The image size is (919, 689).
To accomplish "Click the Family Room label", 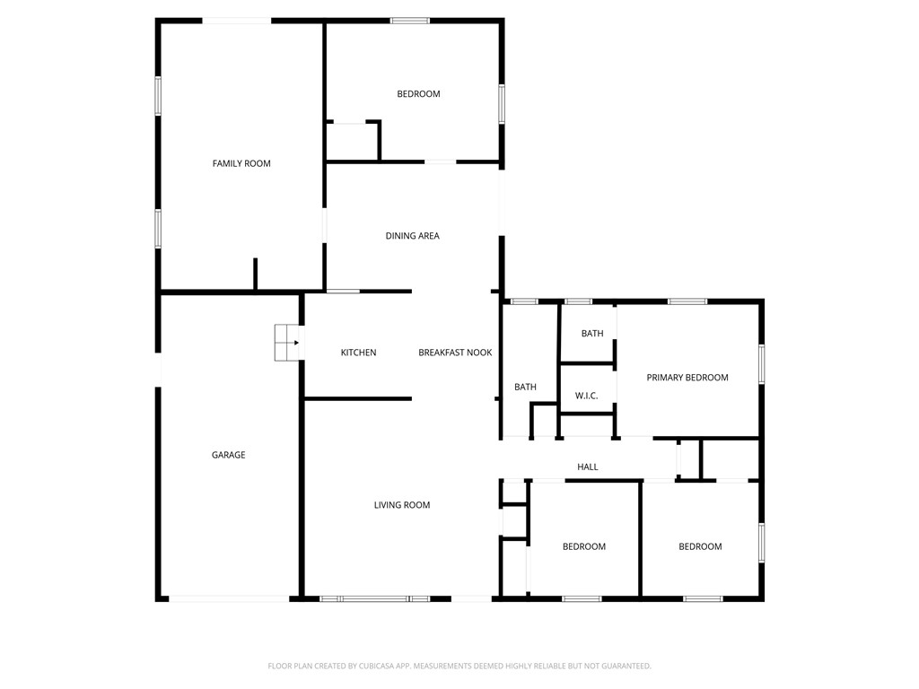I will point(241,163).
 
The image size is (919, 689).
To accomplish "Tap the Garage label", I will point(228,455).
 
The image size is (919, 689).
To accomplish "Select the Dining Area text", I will point(412,236).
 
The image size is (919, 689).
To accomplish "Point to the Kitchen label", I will point(358,353).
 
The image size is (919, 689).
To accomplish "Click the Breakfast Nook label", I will point(455,353).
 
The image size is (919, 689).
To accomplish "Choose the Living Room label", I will point(402,505).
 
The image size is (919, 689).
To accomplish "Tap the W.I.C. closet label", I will point(586,396).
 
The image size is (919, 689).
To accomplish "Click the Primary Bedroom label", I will point(687,378).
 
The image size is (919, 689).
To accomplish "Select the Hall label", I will point(588,467).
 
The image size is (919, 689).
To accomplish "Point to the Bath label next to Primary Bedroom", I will point(592,334).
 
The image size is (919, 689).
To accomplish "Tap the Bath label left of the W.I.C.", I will point(525,388).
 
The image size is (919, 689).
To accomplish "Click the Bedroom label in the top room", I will point(418,94).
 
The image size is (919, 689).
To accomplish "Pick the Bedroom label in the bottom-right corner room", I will point(700,546).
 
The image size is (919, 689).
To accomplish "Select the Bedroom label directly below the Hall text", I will point(584,546).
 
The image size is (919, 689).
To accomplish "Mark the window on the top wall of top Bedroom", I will point(409,20).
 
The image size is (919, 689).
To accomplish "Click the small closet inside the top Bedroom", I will point(352,142).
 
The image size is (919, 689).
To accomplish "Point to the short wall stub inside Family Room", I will point(256,275).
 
